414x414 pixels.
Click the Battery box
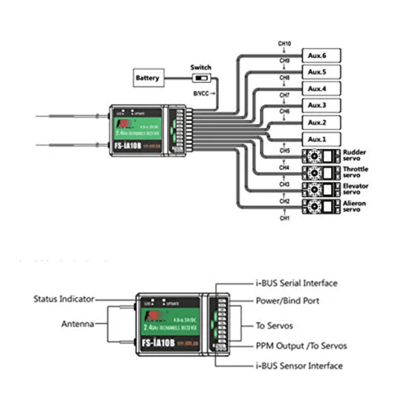pos(148,77)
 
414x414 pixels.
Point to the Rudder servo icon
pos(321,156)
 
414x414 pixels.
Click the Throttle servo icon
pos(321,173)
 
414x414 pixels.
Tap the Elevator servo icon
pos(321,190)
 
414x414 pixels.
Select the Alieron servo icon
pos(321,207)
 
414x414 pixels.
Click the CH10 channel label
pos(284,44)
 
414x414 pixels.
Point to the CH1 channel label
pos(284,219)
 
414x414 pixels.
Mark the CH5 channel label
pos(284,151)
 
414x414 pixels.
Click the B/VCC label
pos(202,93)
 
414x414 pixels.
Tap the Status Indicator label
pos(64,299)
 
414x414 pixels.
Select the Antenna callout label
pos(77,324)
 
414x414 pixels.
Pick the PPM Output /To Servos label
pos(301,346)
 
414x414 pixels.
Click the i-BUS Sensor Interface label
pos(299,366)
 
